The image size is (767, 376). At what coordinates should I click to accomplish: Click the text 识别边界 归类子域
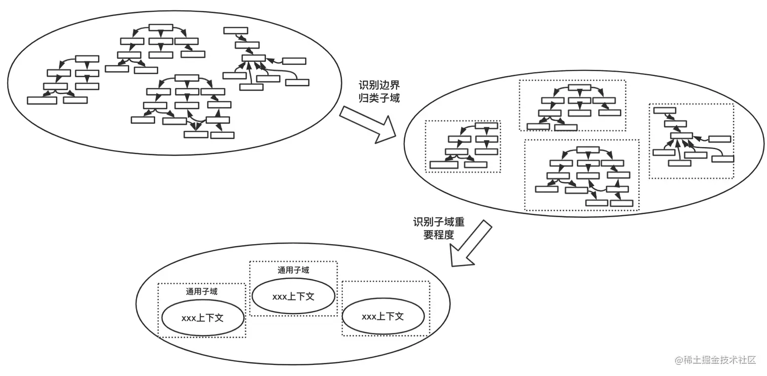pyautogui.click(x=379, y=92)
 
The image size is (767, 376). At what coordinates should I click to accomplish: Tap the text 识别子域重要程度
pyautogui.click(x=439, y=228)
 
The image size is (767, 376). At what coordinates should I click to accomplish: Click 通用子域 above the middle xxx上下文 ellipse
pyautogui.click(x=293, y=270)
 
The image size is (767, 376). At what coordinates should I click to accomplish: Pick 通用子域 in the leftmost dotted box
pyautogui.click(x=202, y=291)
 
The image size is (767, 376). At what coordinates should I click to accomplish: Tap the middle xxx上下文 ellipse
pyautogui.click(x=293, y=296)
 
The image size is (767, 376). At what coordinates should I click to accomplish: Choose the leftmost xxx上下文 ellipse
pyautogui.click(x=203, y=318)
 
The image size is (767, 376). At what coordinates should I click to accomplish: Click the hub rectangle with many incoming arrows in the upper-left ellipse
pyautogui.click(x=254, y=58)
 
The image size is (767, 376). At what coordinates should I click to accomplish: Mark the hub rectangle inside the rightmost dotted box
pyautogui.click(x=681, y=135)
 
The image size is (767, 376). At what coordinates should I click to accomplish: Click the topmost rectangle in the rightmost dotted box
pyautogui.click(x=665, y=111)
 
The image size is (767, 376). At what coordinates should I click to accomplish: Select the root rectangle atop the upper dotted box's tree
pyautogui.click(x=579, y=88)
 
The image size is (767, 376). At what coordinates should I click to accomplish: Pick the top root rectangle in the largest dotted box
pyautogui.click(x=588, y=150)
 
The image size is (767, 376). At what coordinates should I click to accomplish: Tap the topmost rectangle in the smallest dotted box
pyautogui.click(x=486, y=126)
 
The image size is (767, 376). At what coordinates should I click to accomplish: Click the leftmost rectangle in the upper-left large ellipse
pyautogui.click(x=42, y=100)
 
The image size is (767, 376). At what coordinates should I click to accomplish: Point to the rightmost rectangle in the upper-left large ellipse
pyautogui.click(x=297, y=83)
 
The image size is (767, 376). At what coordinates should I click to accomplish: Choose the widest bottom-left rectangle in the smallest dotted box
pyautogui.click(x=444, y=165)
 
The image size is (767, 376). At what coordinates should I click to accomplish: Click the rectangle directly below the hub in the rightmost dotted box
pyautogui.click(x=680, y=163)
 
